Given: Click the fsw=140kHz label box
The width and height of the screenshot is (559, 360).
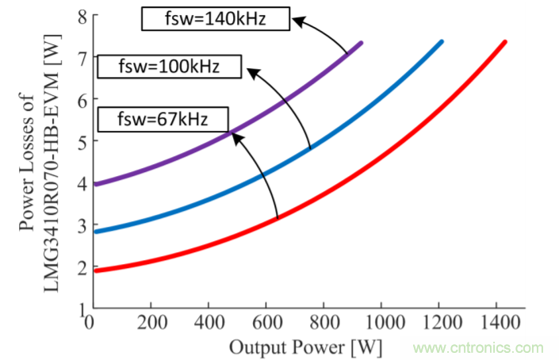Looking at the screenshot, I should pyautogui.click(x=216, y=18).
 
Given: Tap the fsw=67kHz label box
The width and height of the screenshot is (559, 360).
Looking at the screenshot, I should pyautogui.click(x=163, y=120).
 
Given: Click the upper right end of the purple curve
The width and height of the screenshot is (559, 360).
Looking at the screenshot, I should pyautogui.click(x=361, y=42).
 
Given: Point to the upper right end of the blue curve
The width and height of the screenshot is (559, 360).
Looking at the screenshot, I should pyautogui.click(x=441, y=41).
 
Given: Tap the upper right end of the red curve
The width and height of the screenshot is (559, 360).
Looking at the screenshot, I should pyautogui.click(x=504, y=41).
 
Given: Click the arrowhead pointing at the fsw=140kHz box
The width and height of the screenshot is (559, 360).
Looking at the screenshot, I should pyautogui.click(x=296, y=21).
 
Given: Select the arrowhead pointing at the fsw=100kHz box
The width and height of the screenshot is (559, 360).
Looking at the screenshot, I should pyautogui.click(x=250, y=71).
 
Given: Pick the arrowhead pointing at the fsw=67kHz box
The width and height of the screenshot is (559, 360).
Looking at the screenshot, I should pyautogui.click(x=235, y=133).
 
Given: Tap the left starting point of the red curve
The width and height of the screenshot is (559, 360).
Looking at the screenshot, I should pyautogui.click(x=95, y=271).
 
